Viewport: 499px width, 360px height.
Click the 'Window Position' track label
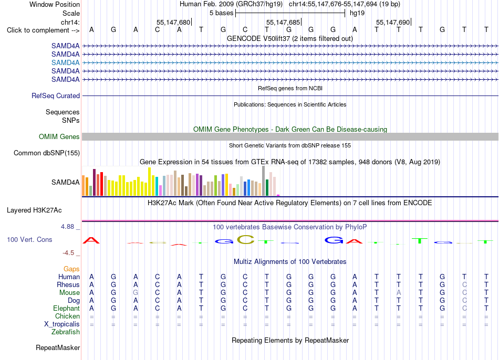[55, 4]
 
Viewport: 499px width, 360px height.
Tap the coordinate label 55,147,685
[283, 22]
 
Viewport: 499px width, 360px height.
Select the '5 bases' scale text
[221, 13]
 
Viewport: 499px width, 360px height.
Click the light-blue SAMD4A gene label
[65, 62]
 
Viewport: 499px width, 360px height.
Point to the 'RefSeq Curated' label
[56, 96]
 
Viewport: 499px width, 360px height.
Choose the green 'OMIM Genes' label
[59, 137]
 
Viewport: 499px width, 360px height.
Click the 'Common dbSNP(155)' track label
[47, 153]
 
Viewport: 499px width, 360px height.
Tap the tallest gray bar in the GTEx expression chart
[264, 181]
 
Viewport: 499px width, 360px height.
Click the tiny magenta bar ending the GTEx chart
[278, 195]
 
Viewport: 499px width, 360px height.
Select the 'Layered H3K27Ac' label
[34, 210]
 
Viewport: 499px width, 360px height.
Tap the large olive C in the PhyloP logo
[246, 239]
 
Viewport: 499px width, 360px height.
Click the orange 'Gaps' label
[71, 269]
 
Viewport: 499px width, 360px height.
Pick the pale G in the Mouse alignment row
[136, 293]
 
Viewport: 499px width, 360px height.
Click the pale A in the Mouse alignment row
[399, 293]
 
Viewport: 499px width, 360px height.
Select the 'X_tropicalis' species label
[62, 324]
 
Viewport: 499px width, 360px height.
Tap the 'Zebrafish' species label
[66, 332]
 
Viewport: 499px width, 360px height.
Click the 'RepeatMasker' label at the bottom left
[58, 347]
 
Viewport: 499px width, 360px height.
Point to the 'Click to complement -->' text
[43, 30]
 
